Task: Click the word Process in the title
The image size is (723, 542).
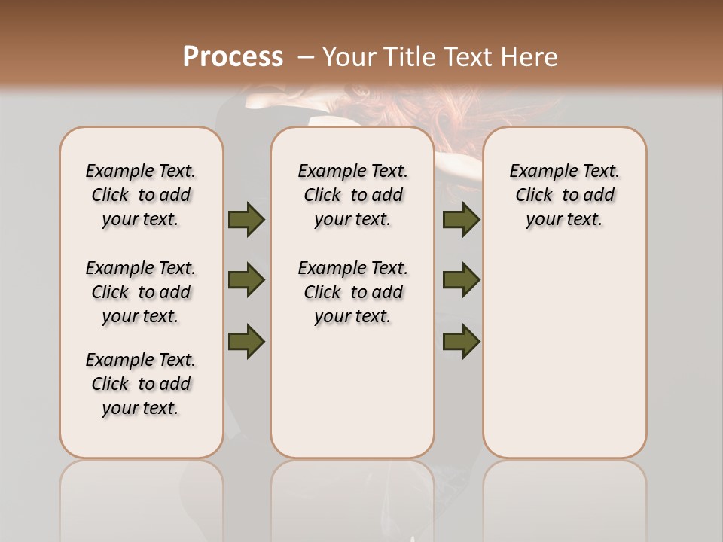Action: (x=233, y=57)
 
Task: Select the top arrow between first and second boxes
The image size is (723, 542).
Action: (x=246, y=220)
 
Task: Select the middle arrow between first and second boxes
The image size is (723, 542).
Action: (x=246, y=280)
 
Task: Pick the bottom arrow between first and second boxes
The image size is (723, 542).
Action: (x=246, y=341)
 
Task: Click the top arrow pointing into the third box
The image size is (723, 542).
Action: (x=461, y=220)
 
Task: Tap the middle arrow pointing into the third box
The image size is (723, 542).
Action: (x=461, y=280)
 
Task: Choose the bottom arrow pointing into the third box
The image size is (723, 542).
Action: (x=461, y=341)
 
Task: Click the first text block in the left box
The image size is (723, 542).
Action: (x=141, y=195)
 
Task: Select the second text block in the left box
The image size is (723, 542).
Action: (x=141, y=292)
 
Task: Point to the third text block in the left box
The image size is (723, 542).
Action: (x=141, y=384)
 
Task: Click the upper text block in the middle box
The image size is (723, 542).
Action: (x=352, y=195)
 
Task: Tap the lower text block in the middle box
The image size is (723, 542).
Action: (x=352, y=292)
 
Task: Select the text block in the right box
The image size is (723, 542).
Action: (x=565, y=195)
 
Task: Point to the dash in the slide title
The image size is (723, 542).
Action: (x=306, y=57)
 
